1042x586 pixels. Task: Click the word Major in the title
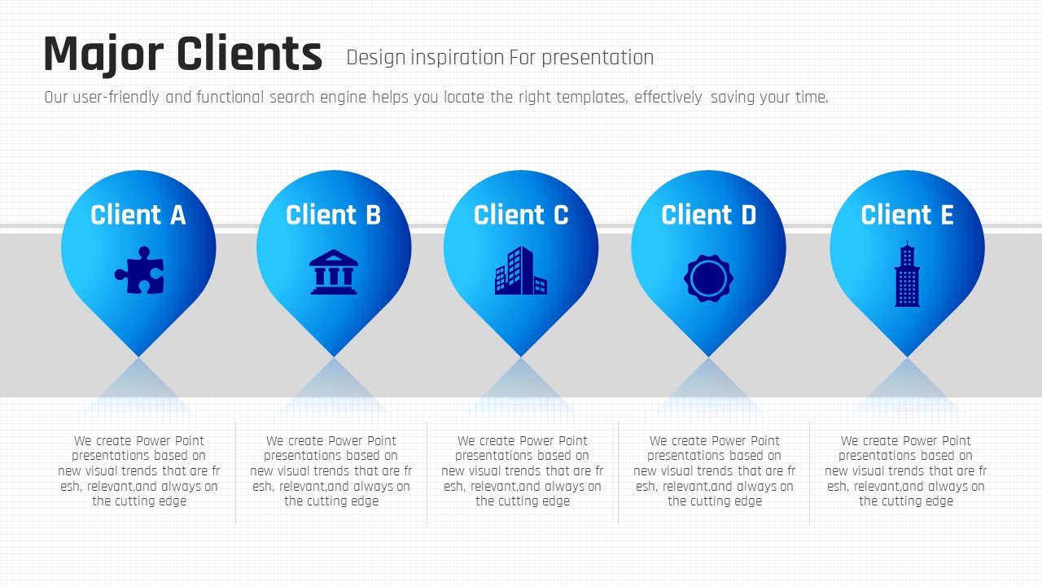tap(103, 55)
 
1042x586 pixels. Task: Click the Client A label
tap(138, 215)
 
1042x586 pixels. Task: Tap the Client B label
tap(334, 215)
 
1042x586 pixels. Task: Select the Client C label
tap(521, 215)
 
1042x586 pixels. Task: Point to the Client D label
tap(708, 215)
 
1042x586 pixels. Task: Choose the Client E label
tap(907, 215)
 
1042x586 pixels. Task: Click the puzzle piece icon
tap(139, 270)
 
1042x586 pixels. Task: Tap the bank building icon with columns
tap(334, 272)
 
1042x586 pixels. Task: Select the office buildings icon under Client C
tap(521, 270)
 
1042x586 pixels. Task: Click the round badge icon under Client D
tap(708, 278)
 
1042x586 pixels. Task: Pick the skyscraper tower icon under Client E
tap(907, 273)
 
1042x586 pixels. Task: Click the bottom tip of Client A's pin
tap(138, 356)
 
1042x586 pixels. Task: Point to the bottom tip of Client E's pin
tap(907, 356)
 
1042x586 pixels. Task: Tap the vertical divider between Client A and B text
tap(236, 473)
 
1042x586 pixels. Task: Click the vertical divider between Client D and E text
tap(810, 473)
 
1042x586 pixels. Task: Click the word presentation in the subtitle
tap(598, 58)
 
